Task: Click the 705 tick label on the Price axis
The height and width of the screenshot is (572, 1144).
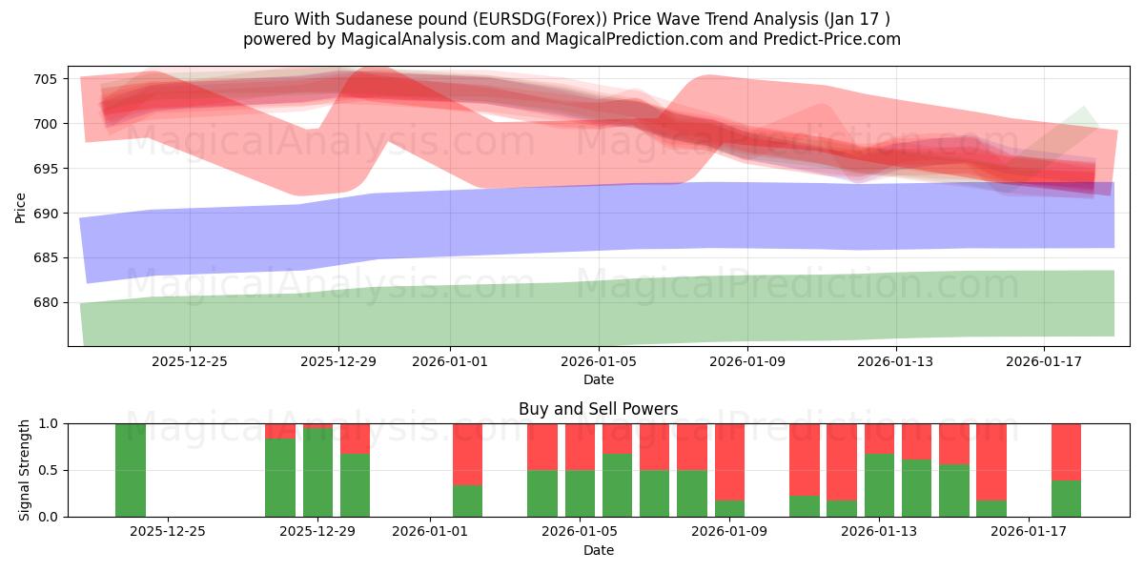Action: [47, 79]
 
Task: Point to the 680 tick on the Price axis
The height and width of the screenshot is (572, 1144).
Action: [47, 303]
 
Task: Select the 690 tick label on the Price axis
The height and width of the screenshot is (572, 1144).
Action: [47, 214]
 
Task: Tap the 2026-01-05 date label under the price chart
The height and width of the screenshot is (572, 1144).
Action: [599, 361]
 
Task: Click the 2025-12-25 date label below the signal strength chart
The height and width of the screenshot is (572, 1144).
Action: [168, 532]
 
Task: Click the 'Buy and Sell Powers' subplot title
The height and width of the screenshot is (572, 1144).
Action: [598, 409]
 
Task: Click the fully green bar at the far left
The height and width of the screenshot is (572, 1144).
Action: [131, 469]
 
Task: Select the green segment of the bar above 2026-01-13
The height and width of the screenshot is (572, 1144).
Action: [879, 485]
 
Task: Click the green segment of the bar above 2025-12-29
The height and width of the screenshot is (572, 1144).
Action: [317, 472]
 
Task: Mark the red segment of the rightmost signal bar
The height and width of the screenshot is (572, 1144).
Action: [1066, 451]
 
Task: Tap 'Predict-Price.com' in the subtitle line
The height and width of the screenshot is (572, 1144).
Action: [834, 39]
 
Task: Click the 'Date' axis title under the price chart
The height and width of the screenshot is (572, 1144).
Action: [598, 379]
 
